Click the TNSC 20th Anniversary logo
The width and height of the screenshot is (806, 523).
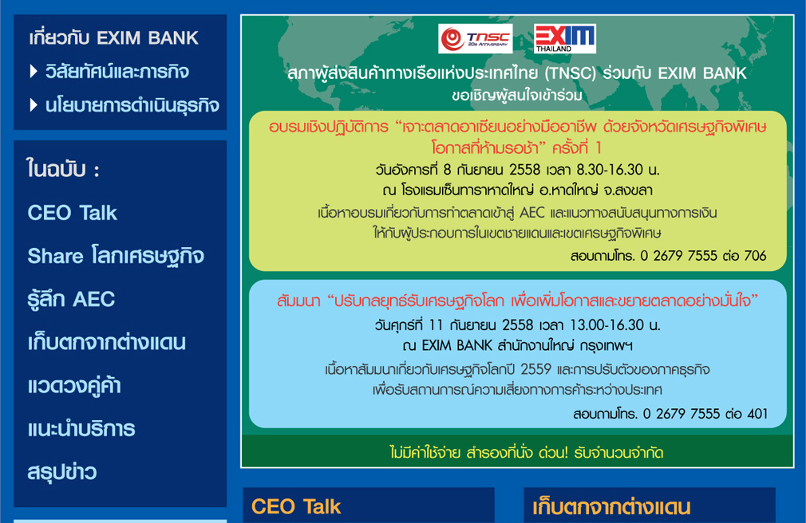(476, 38)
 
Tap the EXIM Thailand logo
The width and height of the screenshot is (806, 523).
(565, 38)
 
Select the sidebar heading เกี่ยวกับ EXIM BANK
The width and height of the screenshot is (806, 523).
(113, 37)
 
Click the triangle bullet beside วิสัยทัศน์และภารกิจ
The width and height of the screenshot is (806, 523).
(34, 72)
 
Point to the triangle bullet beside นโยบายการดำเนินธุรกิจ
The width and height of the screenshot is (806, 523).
(34, 105)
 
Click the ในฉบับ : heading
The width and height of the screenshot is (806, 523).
(63, 169)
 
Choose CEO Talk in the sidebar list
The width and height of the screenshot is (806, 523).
(73, 213)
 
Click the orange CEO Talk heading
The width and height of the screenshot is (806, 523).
(296, 506)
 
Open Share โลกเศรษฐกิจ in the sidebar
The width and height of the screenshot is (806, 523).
(116, 256)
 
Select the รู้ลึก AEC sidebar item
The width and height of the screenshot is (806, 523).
(72, 299)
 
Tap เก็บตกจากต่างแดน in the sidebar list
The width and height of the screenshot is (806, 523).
(107, 342)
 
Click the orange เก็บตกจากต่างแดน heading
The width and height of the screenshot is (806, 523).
(611, 507)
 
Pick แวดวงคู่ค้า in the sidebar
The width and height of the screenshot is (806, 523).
(74, 385)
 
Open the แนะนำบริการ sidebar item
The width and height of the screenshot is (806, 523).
(81, 428)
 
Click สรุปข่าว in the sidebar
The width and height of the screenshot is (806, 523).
(62, 472)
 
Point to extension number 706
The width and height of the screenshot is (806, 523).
(755, 255)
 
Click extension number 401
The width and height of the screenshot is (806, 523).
(757, 414)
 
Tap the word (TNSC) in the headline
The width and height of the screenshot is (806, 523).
(570, 73)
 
